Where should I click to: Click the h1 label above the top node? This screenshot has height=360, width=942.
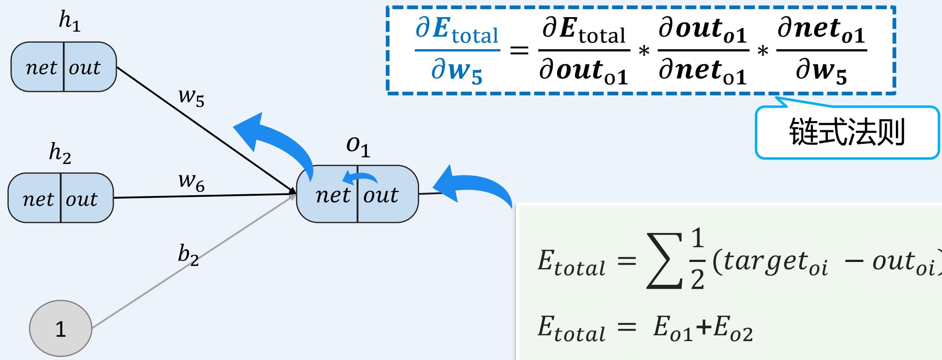point(69,23)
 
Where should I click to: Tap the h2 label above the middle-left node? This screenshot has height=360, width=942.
point(60,154)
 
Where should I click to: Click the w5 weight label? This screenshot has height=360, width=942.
point(191,98)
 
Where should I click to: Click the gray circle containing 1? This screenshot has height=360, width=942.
point(61,328)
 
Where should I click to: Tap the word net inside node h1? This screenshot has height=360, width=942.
point(41,68)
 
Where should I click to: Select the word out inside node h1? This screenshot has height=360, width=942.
point(84,68)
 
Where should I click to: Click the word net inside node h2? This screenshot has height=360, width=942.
point(38,199)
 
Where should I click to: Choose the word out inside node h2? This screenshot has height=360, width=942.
point(82,199)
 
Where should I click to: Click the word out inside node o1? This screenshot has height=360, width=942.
point(380,195)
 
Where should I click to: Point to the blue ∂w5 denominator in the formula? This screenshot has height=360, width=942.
point(457,73)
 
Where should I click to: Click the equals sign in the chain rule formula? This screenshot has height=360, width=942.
point(519,50)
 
